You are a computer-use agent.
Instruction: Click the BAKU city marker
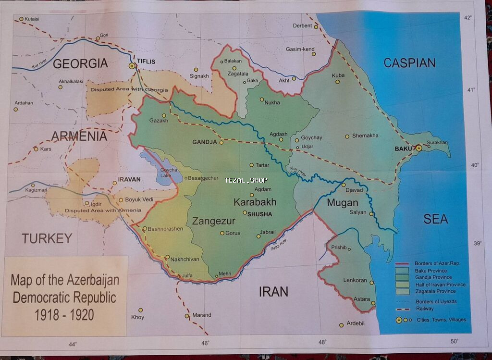[419, 148]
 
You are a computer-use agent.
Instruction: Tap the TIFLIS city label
[148, 62]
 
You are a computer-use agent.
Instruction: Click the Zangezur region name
[214, 221]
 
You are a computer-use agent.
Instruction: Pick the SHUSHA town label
[259, 214]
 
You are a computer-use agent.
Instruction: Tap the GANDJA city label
[205, 142]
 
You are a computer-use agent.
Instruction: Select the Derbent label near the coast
[302, 26]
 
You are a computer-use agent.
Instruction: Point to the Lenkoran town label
[355, 280]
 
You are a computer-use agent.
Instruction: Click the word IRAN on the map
[273, 291]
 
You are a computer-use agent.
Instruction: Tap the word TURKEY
[47, 238]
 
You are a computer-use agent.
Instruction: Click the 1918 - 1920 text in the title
[64, 315]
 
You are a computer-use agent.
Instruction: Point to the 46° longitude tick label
[205, 343]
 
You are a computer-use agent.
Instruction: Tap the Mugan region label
[343, 202]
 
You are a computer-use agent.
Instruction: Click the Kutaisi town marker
[21, 19]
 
